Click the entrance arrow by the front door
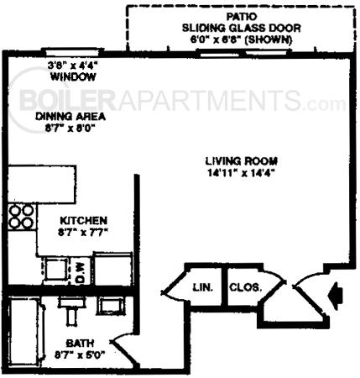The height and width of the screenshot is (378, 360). tap(336, 295)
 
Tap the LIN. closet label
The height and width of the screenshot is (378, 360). tap(203, 287)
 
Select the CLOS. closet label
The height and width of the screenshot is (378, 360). tap(244, 286)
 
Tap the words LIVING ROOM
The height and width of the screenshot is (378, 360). tap(241, 161)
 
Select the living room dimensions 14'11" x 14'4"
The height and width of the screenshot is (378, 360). tap(242, 174)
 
